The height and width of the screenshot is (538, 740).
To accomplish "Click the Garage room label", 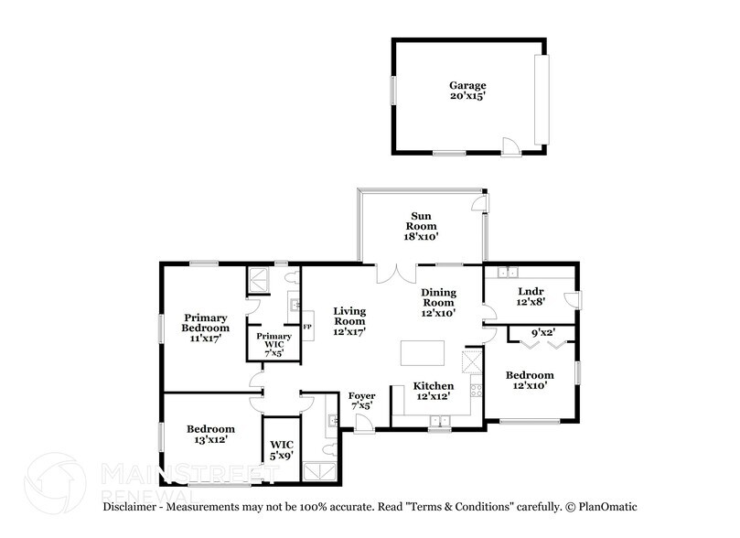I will (467, 91).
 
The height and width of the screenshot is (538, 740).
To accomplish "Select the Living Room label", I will (349, 321).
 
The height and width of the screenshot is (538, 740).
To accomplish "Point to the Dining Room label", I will (438, 303).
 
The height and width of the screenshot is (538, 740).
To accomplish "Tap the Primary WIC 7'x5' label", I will (273, 342).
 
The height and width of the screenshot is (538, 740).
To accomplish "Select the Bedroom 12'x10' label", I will (530, 381).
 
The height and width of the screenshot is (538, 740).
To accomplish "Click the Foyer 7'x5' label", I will (361, 402).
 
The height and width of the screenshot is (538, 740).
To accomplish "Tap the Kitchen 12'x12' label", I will (433, 391).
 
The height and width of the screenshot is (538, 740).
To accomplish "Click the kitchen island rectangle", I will (423, 354).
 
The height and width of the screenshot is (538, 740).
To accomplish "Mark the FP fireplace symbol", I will (307, 326).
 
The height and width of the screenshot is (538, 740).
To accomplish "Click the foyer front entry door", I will (363, 423).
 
